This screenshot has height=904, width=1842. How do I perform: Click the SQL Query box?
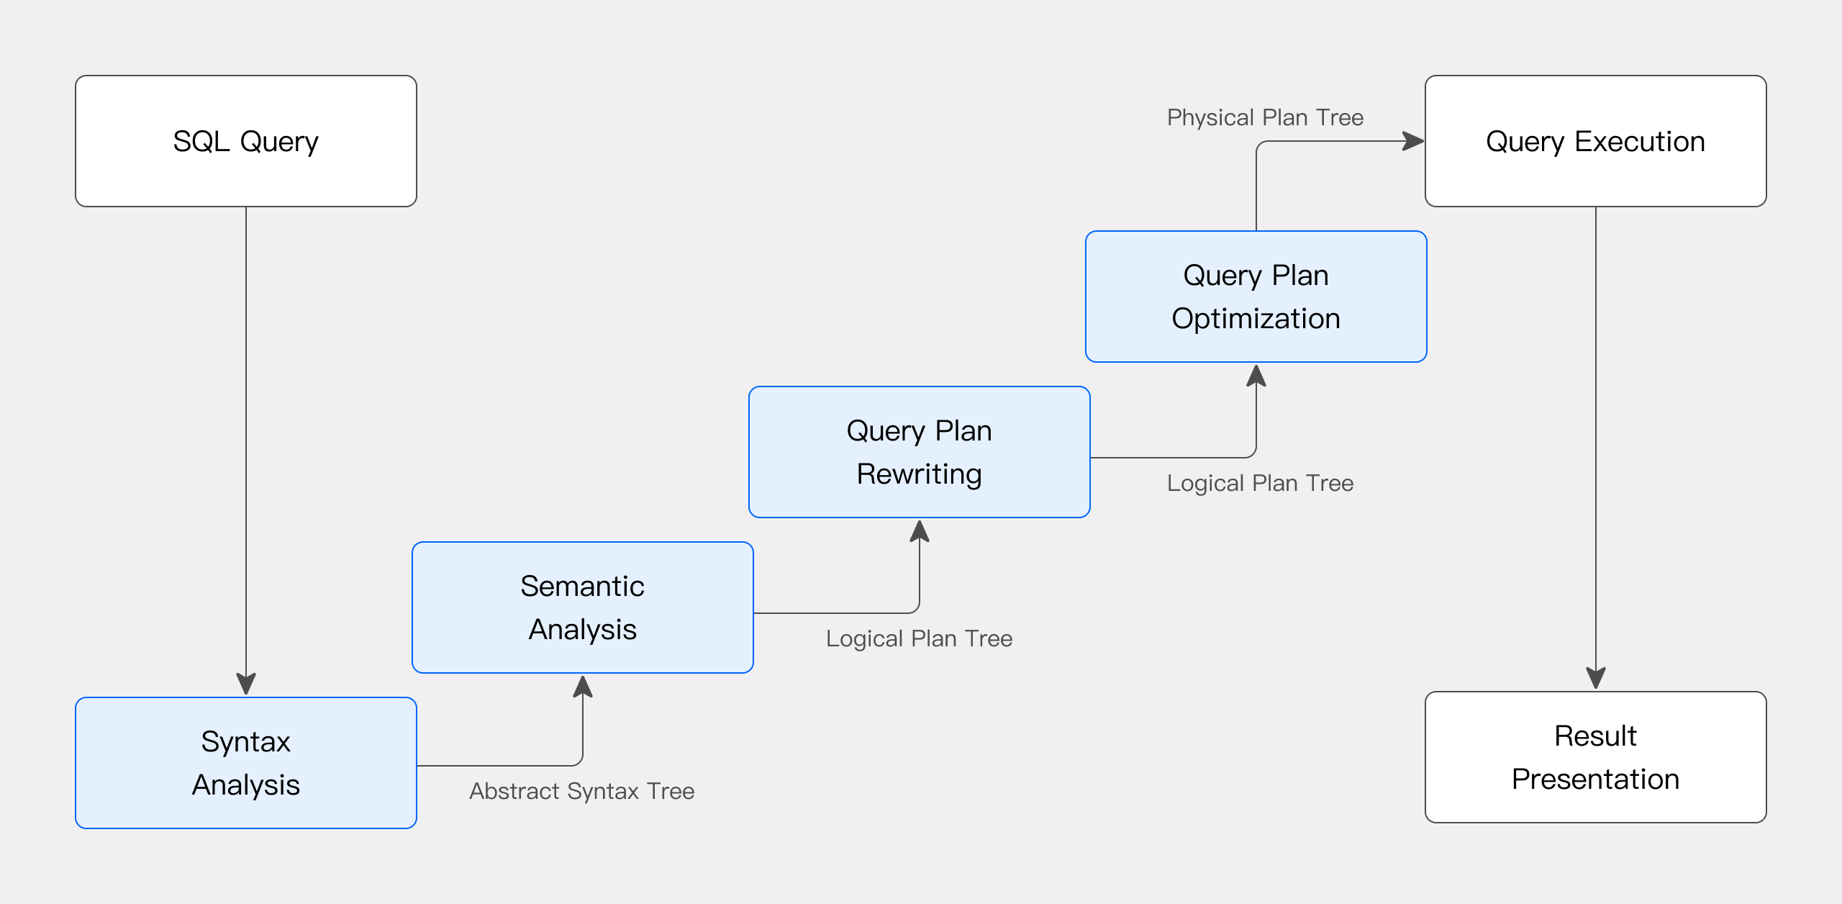(x=246, y=141)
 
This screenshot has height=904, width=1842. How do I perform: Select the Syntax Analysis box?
(x=246, y=763)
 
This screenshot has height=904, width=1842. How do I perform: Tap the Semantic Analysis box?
(x=583, y=607)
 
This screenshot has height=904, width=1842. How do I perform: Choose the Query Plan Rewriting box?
(x=920, y=452)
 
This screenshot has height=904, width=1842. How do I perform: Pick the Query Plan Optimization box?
(x=1256, y=297)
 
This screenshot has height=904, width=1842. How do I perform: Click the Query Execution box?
(x=1596, y=141)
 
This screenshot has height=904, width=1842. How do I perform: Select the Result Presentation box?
(x=1596, y=757)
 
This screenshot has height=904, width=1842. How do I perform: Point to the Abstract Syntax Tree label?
(x=581, y=791)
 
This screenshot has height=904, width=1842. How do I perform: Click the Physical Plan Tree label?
(x=1265, y=117)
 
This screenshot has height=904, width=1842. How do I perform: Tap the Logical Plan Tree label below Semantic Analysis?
(x=919, y=638)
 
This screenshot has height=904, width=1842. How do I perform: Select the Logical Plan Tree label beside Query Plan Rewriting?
(x=1260, y=483)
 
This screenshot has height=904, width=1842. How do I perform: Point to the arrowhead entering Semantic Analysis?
(x=583, y=687)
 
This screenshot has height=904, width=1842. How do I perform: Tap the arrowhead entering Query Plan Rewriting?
(x=920, y=531)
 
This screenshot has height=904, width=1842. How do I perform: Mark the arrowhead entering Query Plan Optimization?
(x=1256, y=376)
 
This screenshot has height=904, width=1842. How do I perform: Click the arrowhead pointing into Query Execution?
(x=1413, y=141)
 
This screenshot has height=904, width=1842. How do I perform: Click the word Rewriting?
(x=920, y=474)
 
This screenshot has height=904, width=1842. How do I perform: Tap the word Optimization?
(x=1256, y=319)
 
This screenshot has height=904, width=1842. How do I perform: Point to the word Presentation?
(x=1596, y=779)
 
